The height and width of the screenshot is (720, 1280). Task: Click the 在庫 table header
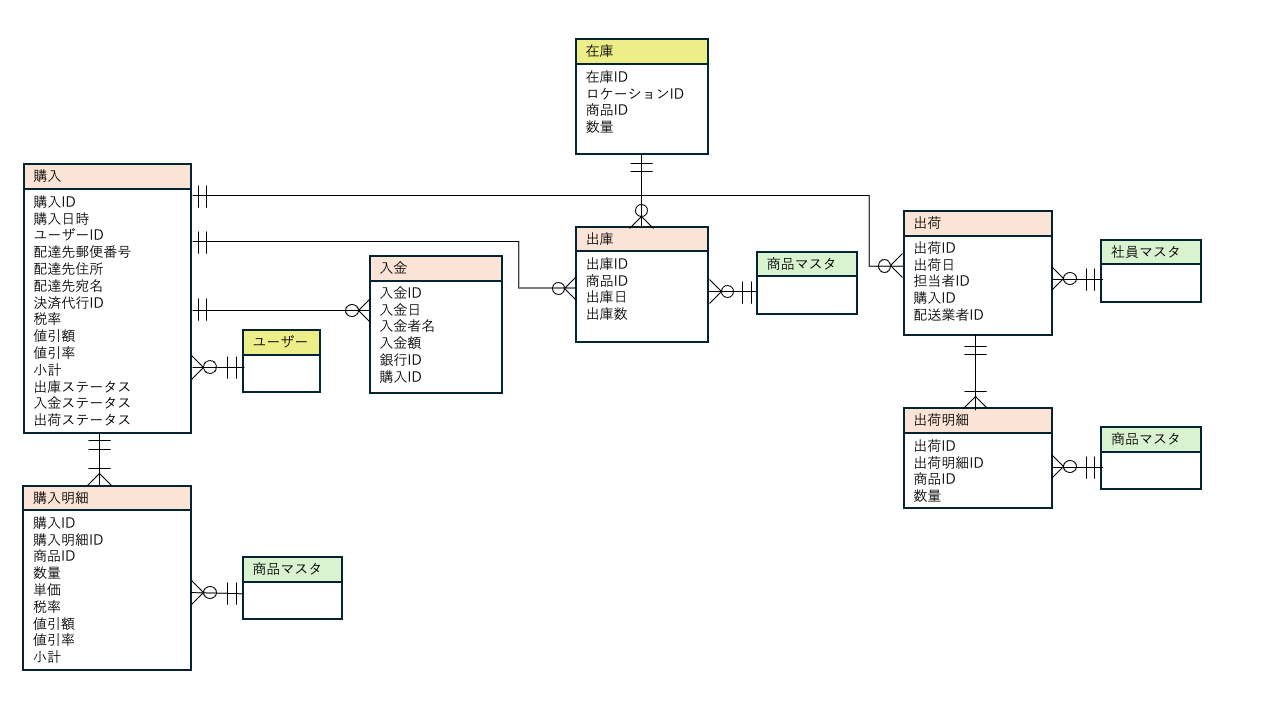click(641, 51)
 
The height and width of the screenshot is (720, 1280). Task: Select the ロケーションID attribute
click(634, 94)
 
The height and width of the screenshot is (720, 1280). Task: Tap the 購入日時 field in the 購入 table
click(61, 219)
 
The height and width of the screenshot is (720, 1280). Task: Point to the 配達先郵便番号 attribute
click(82, 252)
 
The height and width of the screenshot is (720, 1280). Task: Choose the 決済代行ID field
click(68, 302)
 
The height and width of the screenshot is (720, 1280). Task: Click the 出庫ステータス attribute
click(82, 386)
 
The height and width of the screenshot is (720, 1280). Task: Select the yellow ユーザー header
click(281, 342)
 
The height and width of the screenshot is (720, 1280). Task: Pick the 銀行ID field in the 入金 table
click(400, 360)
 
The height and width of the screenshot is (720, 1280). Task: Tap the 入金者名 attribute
click(407, 326)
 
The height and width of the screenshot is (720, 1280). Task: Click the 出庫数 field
click(606, 314)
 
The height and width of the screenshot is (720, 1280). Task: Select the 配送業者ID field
click(948, 315)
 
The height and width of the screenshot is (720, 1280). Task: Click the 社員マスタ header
click(1150, 252)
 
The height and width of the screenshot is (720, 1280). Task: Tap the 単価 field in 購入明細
click(47, 590)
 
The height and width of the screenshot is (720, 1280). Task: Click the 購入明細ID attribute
click(68, 540)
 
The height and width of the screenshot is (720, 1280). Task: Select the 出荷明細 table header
click(977, 420)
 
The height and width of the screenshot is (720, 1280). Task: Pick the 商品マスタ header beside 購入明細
click(292, 569)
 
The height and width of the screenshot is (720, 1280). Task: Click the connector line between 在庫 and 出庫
click(641, 185)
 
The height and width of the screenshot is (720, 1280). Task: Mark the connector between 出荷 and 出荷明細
click(975, 370)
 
